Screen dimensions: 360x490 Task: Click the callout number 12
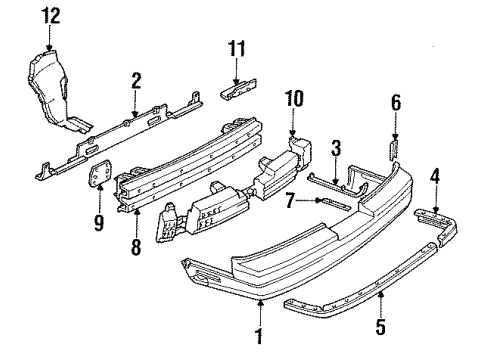coord(50,15)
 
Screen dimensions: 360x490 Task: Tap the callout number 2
coord(136,81)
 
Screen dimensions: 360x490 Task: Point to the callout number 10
coord(294,99)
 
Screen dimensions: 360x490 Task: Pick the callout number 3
coord(336,149)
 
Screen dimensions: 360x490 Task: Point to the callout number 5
coord(379,326)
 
